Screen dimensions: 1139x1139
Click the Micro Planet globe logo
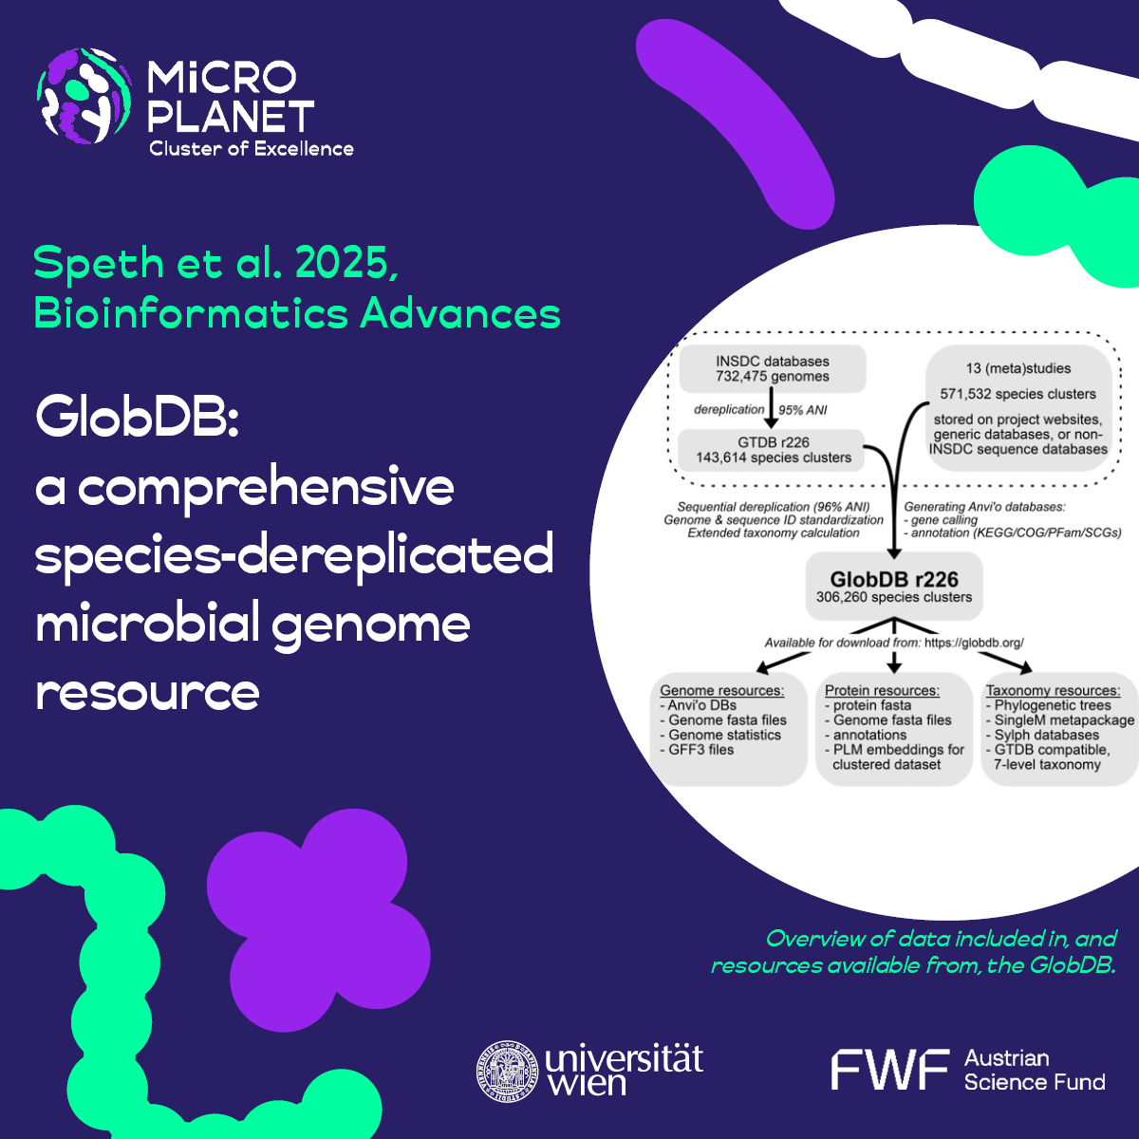tap(84, 96)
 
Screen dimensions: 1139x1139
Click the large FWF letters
tap(889, 1070)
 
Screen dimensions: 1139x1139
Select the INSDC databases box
tap(773, 369)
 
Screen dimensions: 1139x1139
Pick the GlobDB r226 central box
tap(894, 587)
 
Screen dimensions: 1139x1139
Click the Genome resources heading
tap(722, 690)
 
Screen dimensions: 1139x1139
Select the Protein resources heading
tap(882, 690)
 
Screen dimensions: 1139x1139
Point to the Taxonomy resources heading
tap(1053, 690)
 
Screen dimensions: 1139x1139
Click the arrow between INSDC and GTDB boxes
tap(773, 410)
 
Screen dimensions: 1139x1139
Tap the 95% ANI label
tap(803, 410)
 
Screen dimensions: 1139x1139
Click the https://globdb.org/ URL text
tap(974, 643)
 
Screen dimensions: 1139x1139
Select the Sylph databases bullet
tap(1046, 735)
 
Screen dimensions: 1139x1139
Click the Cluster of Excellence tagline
tap(252, 149)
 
